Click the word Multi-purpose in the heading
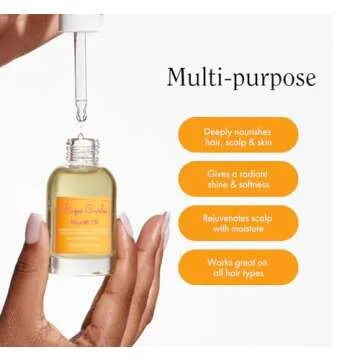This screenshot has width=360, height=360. point(241,78)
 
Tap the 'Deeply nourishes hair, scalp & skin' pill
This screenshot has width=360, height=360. point(237,135)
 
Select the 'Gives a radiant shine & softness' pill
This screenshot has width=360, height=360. point(237,179)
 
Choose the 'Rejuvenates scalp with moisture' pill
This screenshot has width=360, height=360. point(237,223)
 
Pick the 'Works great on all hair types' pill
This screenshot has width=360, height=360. point(237,267)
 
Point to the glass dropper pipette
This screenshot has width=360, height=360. point(81,65)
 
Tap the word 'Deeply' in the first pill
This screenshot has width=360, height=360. point(217,130)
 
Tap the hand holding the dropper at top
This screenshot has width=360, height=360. point(30,30)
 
